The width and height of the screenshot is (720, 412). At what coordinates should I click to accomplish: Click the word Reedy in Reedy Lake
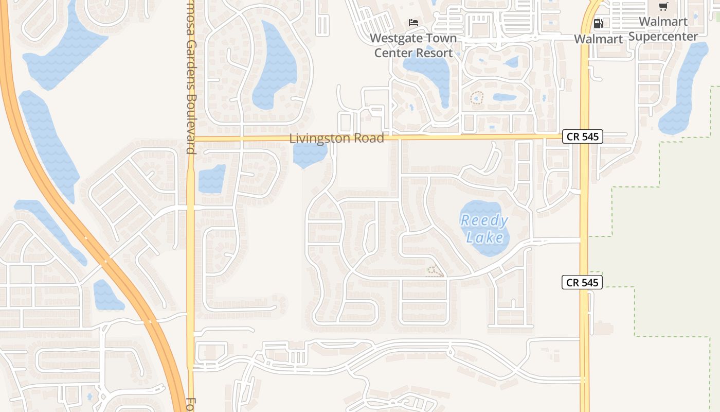click(484, 221)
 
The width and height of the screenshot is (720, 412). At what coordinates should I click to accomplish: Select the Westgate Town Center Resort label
click(413, 45)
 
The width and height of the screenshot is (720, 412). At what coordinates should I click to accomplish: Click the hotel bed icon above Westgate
click(413, 22)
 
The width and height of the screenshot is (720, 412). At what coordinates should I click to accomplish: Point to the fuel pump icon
click(598, 23)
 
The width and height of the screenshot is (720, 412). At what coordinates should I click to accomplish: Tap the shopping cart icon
click(663, 7)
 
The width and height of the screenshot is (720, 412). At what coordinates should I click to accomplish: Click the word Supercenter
click(663, 36)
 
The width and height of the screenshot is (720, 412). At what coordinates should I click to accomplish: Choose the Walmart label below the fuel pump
click(598, 39)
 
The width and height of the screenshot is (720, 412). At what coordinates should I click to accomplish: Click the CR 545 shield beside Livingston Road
click(582, 136)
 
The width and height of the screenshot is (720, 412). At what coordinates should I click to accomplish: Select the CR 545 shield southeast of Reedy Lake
click(582, 282)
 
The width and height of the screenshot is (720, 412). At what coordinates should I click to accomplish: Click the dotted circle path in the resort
click(477, 97)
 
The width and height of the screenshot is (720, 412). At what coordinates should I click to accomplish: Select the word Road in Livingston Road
click(368, 139)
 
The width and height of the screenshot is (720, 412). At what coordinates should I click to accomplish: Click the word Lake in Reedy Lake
click(484, 237)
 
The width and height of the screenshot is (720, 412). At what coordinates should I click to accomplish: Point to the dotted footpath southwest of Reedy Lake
click(435, 271)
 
